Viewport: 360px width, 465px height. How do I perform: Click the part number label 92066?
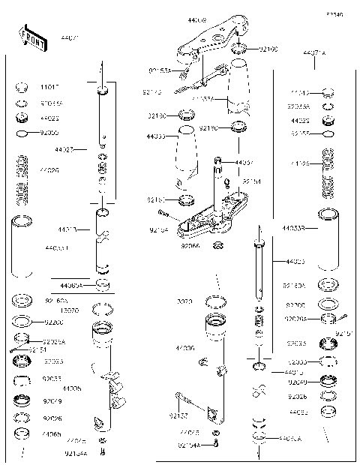pyautogui.click(x=191, y=244)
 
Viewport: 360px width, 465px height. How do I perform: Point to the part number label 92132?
pyautogui.click(x=178, y=414)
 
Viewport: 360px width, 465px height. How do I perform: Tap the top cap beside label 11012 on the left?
pyautogui.click(x=22, y=87)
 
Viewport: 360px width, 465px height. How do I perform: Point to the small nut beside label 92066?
pyautogui.click(x=218, y=246)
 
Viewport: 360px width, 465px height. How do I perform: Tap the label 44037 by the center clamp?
pyautogui.click(x=244, y=162)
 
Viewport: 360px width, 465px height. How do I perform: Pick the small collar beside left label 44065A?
pyautogui.click(x=104, y=286)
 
